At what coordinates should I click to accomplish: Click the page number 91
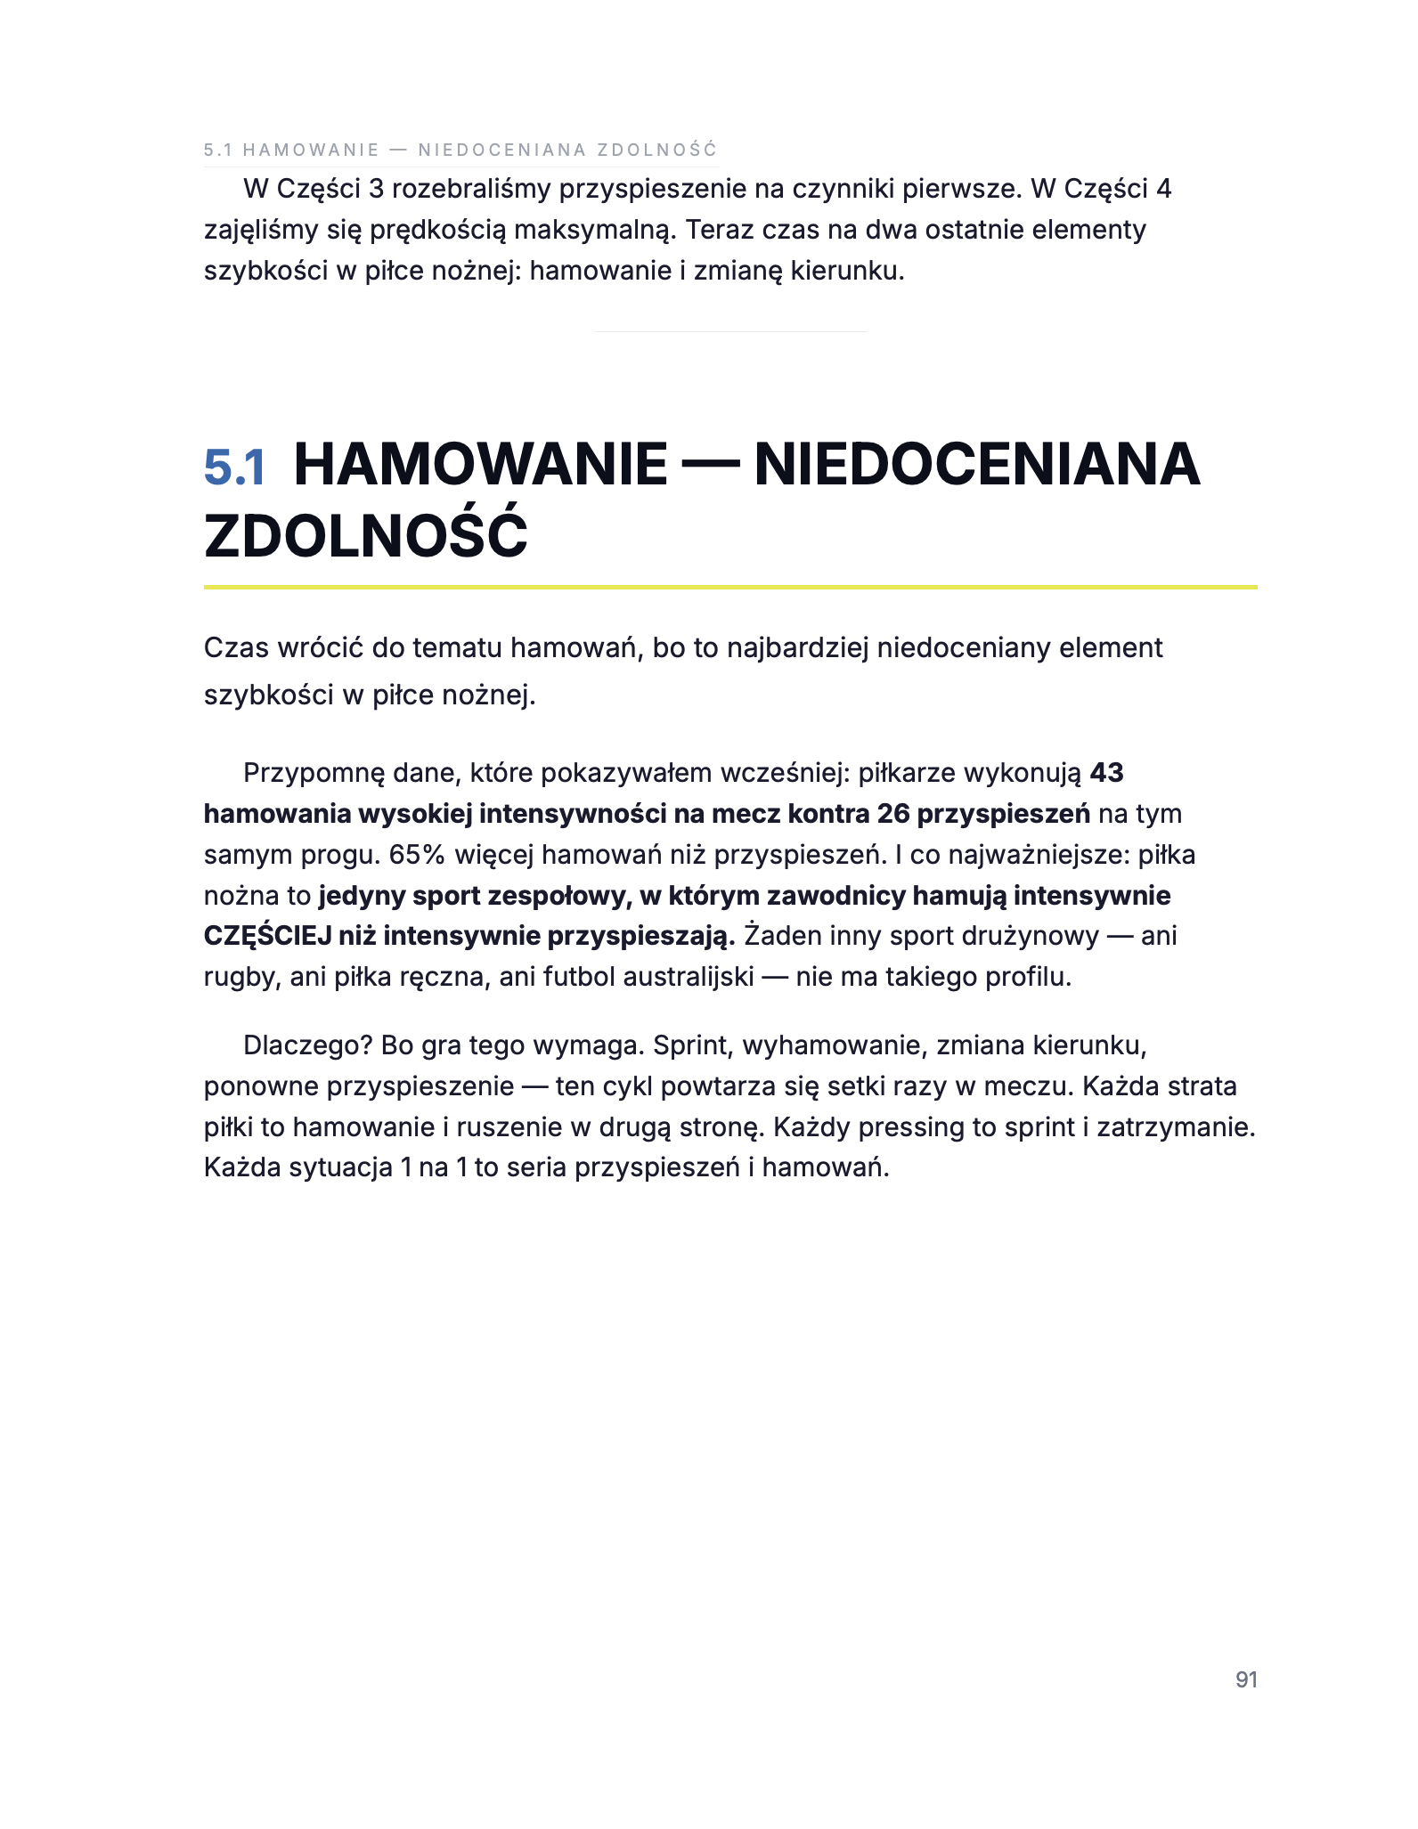(x=1246, y=1679)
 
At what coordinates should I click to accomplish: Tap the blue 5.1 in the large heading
(x=235, y=467)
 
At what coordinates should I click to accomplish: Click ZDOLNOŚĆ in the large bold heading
(x=366, y=536)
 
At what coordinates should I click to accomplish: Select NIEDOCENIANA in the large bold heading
(x=977, y=465)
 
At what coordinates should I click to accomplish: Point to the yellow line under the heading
(x=730, y=588)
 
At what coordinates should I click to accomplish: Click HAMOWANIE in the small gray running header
(x=311, y=150)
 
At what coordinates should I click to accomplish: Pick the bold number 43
(x=1106, y=773)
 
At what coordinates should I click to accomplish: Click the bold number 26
(x=893, y=814)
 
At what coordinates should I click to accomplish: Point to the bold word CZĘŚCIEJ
(x=268, y=937)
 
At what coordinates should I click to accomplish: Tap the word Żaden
(x=779, y=937)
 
